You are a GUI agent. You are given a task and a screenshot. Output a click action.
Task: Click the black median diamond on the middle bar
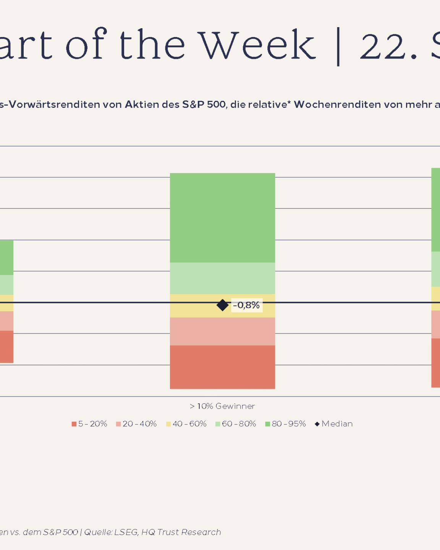222,305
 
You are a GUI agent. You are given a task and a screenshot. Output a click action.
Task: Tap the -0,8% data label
247,305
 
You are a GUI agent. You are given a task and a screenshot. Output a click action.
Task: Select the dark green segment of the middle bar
222,218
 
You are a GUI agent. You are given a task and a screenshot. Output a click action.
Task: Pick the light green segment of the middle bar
222,278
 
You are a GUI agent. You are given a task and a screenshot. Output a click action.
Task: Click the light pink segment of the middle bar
222,331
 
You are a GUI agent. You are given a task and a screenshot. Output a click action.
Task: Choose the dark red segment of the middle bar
222,367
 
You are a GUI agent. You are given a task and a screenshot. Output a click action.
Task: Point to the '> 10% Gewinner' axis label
222,406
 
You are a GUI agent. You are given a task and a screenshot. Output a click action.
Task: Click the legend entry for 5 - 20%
89,424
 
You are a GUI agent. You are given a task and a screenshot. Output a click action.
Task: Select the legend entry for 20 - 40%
136,424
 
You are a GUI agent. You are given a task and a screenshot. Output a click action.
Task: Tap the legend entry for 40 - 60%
186,424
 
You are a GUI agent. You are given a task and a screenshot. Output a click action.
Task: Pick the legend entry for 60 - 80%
236,424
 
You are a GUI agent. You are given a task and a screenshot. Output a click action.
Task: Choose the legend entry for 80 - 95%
286,424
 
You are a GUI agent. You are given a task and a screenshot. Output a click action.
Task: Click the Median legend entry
334,424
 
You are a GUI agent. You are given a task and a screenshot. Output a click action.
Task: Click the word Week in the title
258,45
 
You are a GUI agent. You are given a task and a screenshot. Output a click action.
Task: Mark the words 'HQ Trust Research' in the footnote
181,532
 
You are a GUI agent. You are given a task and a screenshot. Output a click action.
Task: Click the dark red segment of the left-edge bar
6,346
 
